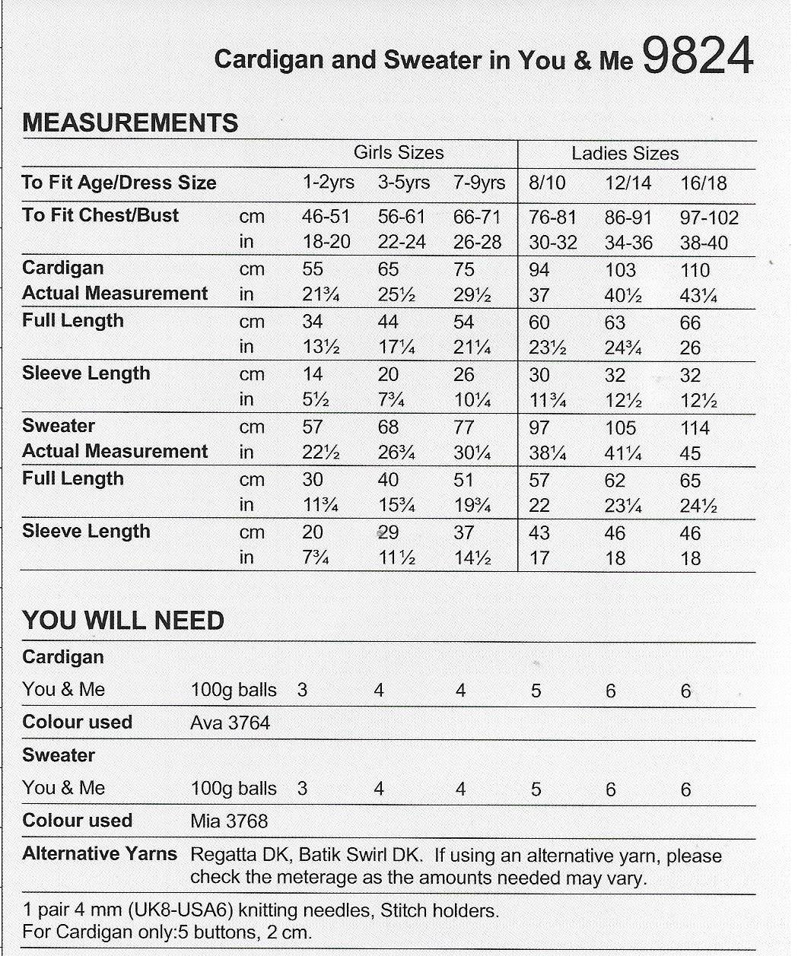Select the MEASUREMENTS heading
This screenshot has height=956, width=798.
click(130, 123)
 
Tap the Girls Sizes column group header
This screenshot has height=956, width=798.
click(399, 153)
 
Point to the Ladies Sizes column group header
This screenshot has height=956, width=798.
click(625, 154)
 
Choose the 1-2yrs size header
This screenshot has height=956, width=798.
click(328, 183)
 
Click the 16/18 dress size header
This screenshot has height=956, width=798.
click(703, 183)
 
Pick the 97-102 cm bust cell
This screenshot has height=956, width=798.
click(708, 218)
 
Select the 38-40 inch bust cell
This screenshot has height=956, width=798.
click(703, 243)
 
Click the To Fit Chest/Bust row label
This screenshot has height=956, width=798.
click(100, 215)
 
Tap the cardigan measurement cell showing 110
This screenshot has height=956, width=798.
click(694, 270)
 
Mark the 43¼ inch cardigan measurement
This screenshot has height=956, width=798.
click(699, 296)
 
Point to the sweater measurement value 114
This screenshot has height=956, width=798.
click(694, 428)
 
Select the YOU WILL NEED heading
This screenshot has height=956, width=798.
click(123, 621)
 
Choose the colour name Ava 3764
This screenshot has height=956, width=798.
click(230, 723)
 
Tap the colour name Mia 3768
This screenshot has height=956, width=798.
click(229, 821)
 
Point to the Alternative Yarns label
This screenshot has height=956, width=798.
click(100, 854)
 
